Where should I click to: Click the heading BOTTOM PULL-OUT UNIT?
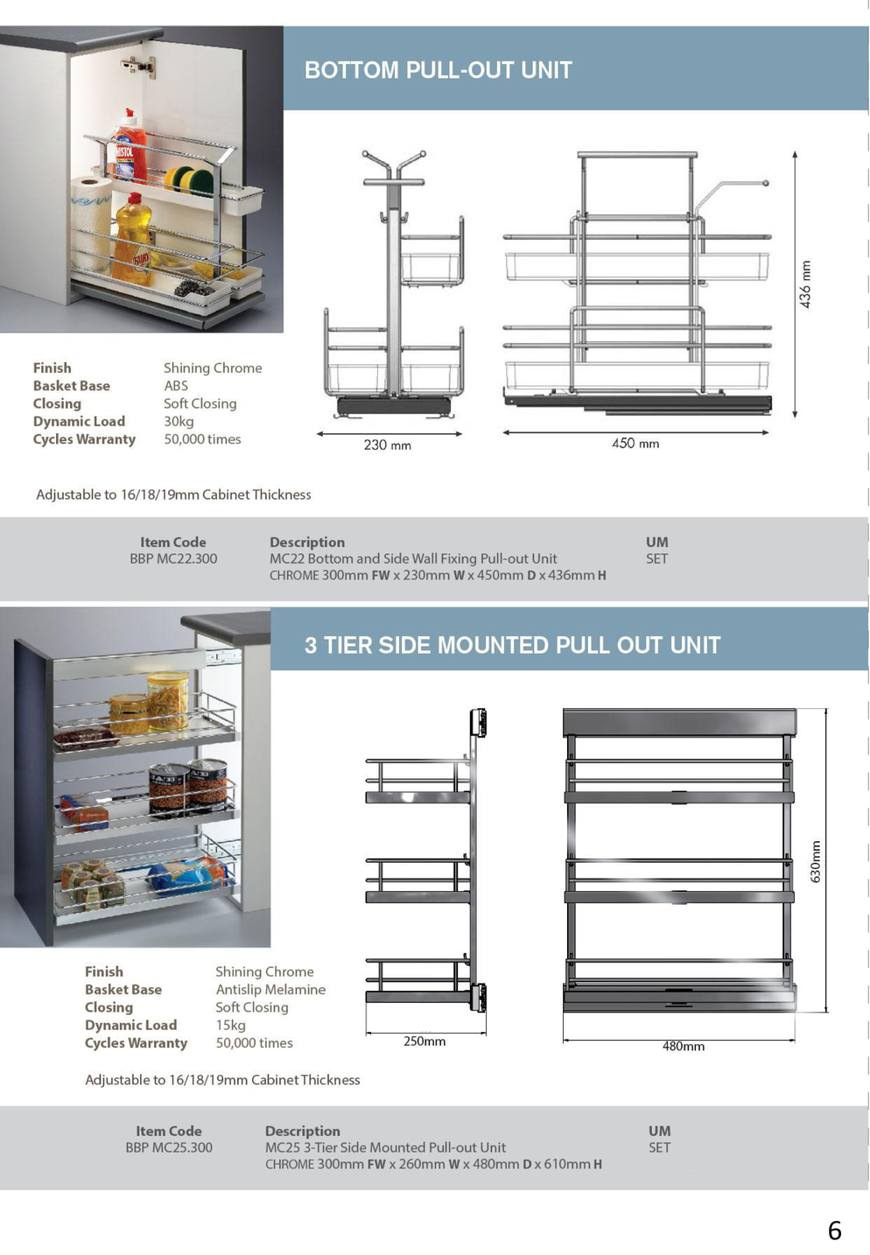(x=438, y=70)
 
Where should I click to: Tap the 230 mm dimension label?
(x=387, y=445)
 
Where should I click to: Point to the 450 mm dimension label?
(x=635, y=444)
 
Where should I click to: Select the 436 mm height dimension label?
(x=805, y=284)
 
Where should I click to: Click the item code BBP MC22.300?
(x=173, y=558)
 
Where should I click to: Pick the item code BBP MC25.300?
(x=169, y=1147)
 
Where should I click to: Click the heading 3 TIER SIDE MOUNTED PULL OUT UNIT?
(x=512, y=645)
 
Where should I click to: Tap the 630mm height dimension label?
(x=816, y=861)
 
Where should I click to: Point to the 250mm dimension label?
(x=424, y=1041)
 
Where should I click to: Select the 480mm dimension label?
(x=684, y=1046)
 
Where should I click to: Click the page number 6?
(x=834, y=1230)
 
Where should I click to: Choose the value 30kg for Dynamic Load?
(x=179, y=421)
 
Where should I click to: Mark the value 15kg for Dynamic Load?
(x=230, y=1025)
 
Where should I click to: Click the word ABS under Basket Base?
(x=176, y=386)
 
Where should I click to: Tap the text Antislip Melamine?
(x=270, y=990)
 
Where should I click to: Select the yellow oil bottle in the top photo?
(x=133, y=236)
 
